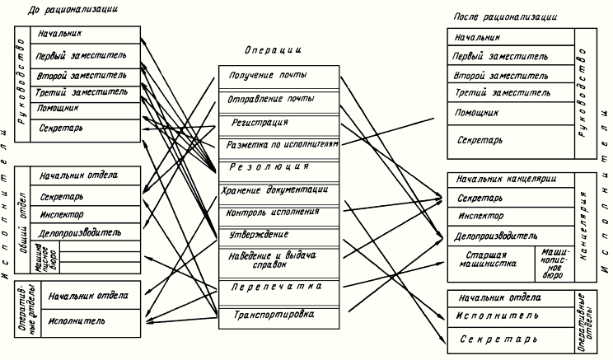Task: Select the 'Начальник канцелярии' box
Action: point(506,180)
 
